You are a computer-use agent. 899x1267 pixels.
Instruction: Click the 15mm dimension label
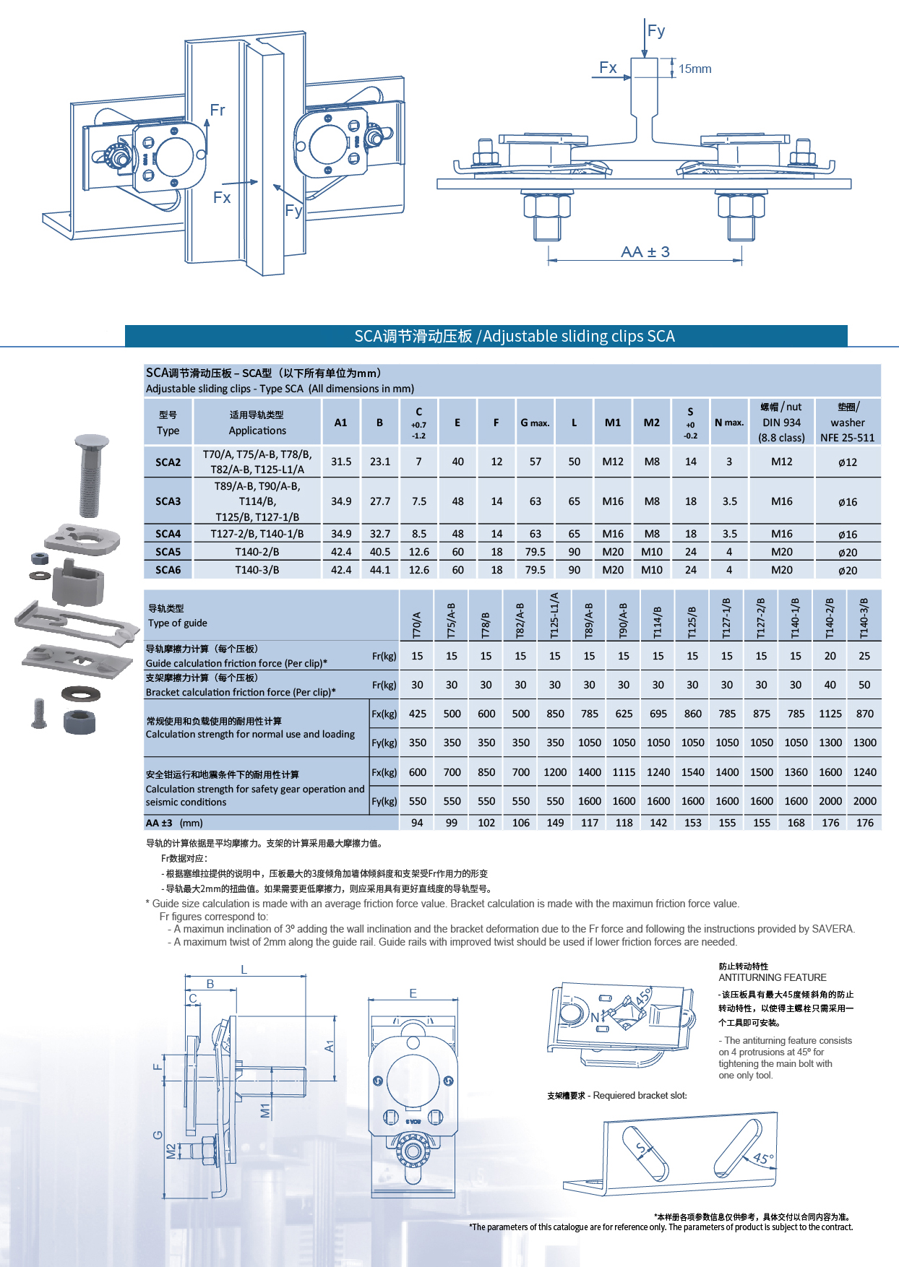point(695,69)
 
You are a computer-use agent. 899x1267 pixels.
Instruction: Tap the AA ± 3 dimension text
point(645,252)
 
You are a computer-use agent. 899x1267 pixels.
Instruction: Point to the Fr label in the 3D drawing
point(217,111)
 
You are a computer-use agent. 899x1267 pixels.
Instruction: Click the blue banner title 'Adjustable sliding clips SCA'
point(578,337)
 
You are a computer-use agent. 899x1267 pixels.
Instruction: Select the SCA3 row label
point(168,501)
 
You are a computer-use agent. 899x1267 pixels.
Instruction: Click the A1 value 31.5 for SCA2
point(341,462)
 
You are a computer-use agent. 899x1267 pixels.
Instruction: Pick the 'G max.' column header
point(535,423)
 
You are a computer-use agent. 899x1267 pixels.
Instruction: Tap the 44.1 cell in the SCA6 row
point(380,570)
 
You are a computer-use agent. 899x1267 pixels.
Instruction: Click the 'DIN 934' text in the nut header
point(781,423)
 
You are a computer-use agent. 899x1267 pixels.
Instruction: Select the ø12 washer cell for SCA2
point(847,462)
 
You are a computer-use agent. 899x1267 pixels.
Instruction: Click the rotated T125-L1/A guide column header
point(554,615)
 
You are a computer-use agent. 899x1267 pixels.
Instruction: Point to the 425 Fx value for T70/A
point(418,714)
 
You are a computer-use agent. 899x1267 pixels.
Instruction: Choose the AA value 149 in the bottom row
point(555,823)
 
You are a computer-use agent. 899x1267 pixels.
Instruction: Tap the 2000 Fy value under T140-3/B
point(864,801)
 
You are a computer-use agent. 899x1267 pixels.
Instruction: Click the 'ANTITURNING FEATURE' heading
point(772,977)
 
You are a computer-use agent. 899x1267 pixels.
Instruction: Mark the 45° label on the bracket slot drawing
point(763,1159)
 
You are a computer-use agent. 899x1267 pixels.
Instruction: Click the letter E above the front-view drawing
point(413,994)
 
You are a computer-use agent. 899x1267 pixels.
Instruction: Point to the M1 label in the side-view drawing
point(265,1110)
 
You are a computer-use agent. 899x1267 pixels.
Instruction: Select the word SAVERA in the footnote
point(833,929)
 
